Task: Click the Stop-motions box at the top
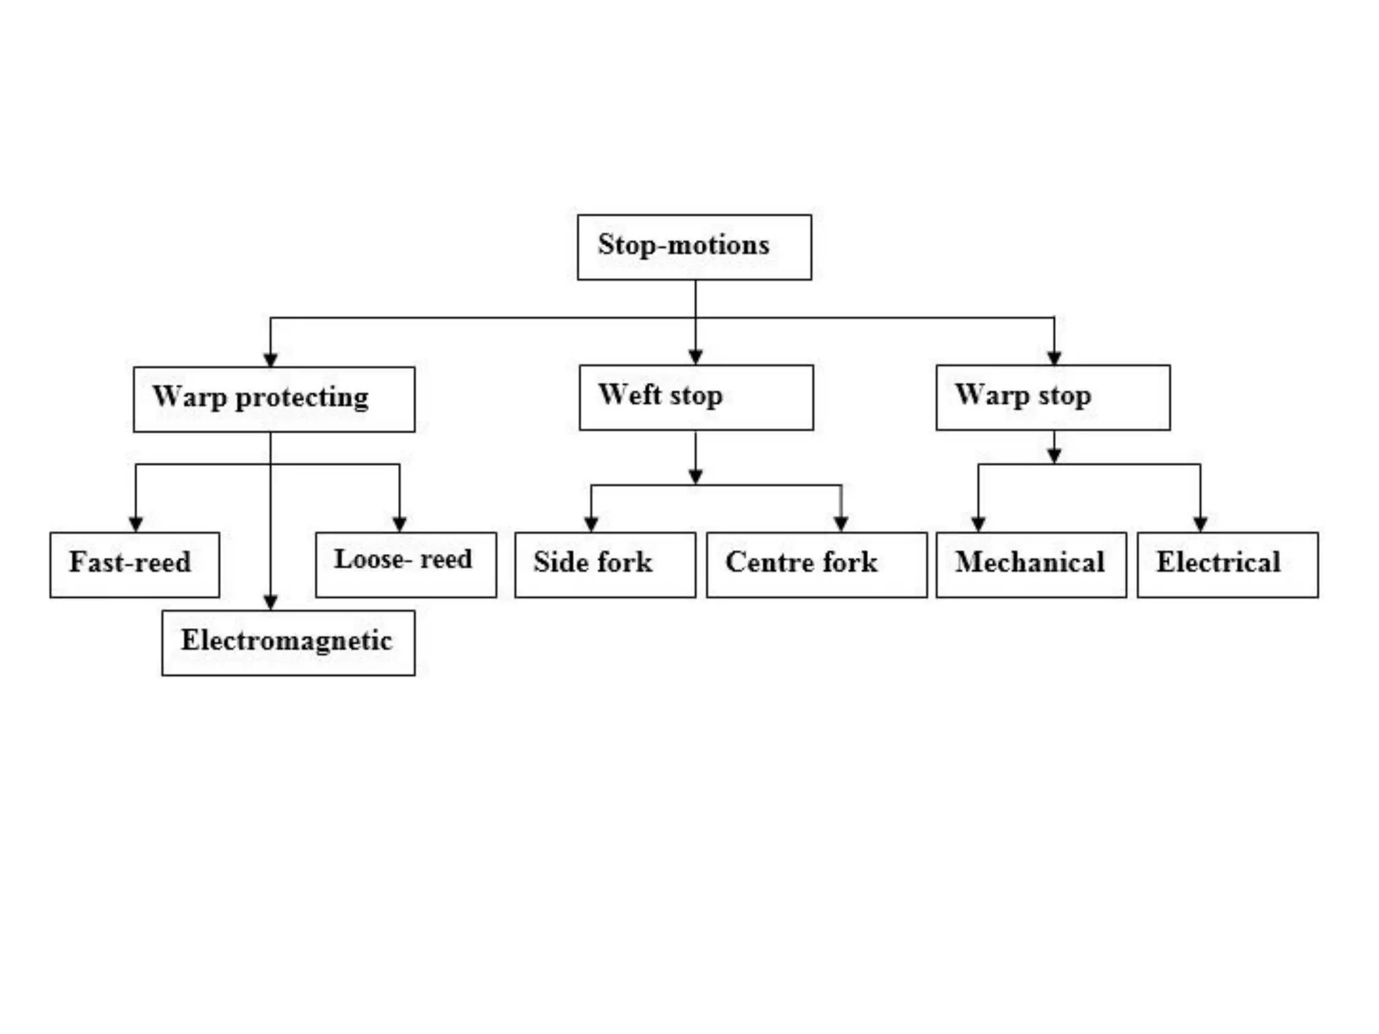coord(694,247)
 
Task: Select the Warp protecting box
coord(274,399)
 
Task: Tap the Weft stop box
coord(696,397)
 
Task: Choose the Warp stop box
coord(1053,397)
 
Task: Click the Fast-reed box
coord(135,565)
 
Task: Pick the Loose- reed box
coord(406,564)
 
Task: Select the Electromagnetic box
coord(288,642)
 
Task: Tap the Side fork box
coord(605,564)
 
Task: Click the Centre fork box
coord(816,564)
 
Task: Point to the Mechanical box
coord(1031,564)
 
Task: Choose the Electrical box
coord(1227,564)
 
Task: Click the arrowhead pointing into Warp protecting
coord(271,359)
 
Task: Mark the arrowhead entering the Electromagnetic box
coord(271,602)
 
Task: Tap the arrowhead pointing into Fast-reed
coord(135,524)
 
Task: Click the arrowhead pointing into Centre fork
coord(841,524)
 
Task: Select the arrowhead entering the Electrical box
coord(1200,524)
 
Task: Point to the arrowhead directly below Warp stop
coord(1054,456)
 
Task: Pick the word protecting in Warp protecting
coord(302,398)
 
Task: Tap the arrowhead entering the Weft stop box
coord(696,357)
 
